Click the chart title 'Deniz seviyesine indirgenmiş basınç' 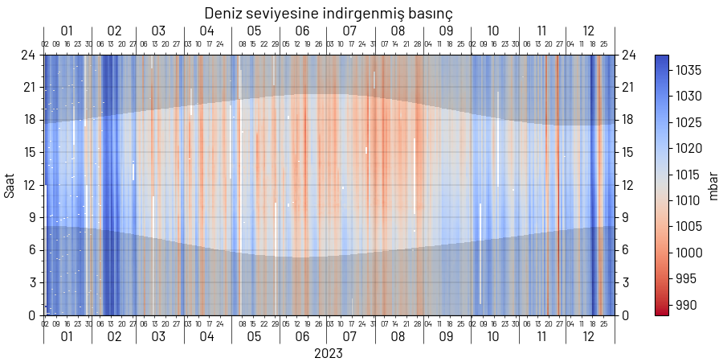[329, 14]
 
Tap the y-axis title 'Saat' [10, 185]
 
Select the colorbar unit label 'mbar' [713, 185]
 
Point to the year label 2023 [329, 354]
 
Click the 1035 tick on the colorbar [688, 71]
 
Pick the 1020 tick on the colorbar [688, 149]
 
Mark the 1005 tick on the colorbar [688, 227]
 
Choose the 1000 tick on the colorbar [688, 253]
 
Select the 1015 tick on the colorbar [688, 175]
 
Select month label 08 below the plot [398, 337]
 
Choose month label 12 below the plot [589, 337]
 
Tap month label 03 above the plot [159, 31]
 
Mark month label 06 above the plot [302, 31]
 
